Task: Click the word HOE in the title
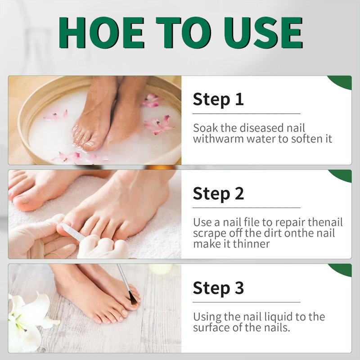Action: [101, 32]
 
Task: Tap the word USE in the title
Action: [263, 32]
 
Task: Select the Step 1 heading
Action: [218, 99]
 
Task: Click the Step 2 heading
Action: [218, 194]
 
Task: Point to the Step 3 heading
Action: [218, 288]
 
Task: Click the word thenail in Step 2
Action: [325, 222]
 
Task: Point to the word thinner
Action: [251, 244]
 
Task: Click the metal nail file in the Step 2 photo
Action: [72, 232]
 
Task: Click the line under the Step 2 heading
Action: [246, 208]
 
